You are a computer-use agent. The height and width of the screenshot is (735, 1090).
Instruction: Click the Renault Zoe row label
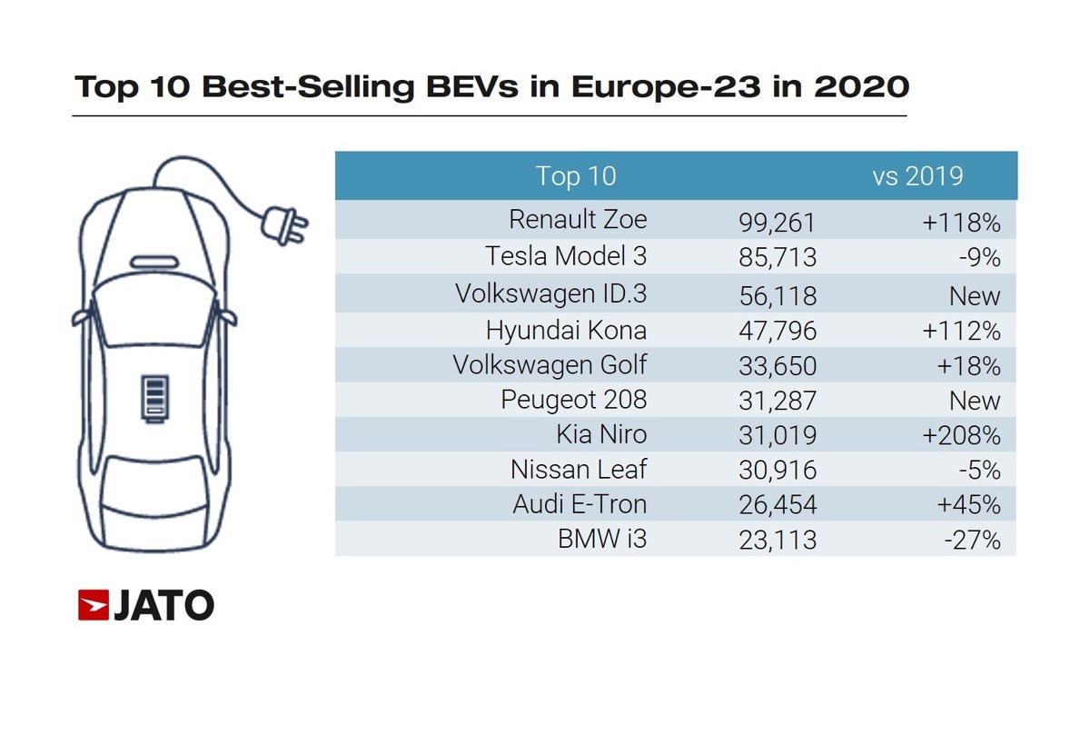click(578, 220)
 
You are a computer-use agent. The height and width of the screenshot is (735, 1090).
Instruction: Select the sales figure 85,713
click(778, 258)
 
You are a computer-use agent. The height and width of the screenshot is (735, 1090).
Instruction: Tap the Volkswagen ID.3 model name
click(550, 293)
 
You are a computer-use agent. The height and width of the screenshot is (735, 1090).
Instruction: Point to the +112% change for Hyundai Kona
click(961, 331)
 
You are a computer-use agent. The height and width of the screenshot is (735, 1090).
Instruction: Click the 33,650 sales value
click(778, 366)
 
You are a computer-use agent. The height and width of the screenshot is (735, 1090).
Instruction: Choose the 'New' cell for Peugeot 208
click(975, 401)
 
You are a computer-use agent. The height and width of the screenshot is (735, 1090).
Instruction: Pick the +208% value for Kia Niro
click(961, 436)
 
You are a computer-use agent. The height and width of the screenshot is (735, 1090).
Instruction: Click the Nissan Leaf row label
click(579, 471)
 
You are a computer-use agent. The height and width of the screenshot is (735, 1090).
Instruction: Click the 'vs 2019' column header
click(917, 175)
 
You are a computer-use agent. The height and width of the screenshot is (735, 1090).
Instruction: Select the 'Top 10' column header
click(576, 175)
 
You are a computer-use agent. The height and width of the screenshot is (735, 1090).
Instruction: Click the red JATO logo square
click(94, 605)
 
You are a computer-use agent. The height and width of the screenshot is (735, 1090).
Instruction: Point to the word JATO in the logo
click(163, 605)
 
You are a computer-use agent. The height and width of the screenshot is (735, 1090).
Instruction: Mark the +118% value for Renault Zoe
click(961, 222)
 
